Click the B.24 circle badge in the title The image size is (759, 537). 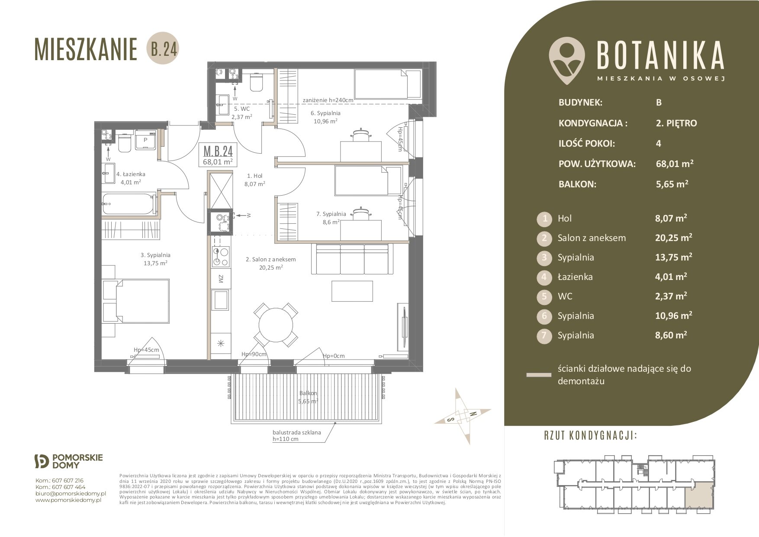tap(164, 50)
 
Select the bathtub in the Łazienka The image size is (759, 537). tap(129, 204)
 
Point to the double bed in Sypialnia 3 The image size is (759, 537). tap(135, 301)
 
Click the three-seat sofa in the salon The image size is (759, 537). tap(352, 259)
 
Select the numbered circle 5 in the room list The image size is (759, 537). tap(544, 296)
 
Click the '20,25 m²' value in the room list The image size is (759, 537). tap(673, 238)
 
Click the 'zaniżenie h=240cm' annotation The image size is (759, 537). tap(328, 100)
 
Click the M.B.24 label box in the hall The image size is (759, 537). tap(218, 155)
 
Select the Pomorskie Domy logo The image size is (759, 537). tap(68, 461)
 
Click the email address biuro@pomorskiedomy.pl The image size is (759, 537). tap(71, 493)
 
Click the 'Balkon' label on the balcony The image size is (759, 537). tap(308, 393)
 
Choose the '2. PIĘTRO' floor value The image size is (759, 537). tap(676, 123)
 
